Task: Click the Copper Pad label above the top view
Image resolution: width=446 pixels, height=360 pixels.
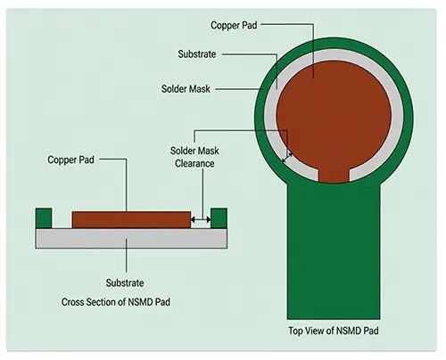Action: (x=234, y=26)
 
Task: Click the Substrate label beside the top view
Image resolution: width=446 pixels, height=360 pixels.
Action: (x=197, y=54)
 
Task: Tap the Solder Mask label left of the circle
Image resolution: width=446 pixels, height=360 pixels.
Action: (x=186, y=89)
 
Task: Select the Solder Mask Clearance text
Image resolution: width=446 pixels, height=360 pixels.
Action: (x=194, y=157)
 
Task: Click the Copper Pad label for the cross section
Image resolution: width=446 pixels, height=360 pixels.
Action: (x=70, y=160)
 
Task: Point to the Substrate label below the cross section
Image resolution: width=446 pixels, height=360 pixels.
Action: (x=125, y=282)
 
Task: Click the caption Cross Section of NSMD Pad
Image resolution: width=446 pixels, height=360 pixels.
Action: (x=116, y=302)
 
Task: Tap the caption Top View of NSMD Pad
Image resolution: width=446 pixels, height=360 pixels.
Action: (x=334, y=331)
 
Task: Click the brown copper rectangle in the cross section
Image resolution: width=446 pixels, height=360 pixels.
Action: (x=131, y=220)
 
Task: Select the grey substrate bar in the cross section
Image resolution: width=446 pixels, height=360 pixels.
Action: (x=131, y=238)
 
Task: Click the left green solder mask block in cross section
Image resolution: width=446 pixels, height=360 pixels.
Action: (x=44, y=218)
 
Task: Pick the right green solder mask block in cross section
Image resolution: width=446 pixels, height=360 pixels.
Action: (x=219, y=218)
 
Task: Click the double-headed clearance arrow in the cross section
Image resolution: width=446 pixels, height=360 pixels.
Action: (x=201, y=220)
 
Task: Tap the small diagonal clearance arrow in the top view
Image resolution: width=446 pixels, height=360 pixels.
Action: (x=287, y=158)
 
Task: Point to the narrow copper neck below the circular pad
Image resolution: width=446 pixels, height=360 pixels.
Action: (x=334, y=176)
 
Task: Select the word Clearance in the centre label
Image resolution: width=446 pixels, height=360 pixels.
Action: (x=194, y=163)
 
